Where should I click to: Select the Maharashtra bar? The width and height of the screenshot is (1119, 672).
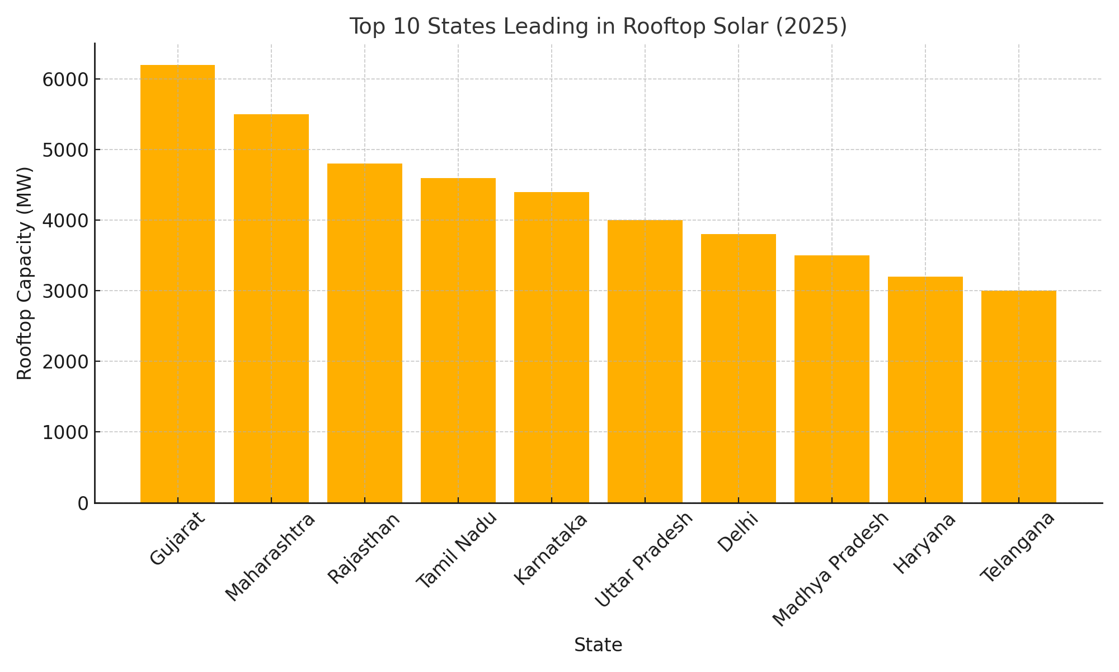[271, 309]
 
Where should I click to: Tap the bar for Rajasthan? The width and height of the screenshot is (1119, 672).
[365, 333]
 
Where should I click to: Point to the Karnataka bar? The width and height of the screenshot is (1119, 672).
[552, 347]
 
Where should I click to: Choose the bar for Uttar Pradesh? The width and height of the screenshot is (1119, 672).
[645, 361]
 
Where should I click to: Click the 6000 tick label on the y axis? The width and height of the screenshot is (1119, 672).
[65, 80]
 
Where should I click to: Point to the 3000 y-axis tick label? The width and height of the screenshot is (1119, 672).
[65, 291]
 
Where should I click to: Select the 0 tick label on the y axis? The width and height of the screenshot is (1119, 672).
[83, 503]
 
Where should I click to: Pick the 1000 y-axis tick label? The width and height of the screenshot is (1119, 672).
[65, 432]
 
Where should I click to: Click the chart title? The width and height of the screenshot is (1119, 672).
[598, 26]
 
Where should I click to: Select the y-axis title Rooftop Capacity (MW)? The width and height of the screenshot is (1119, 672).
[25, 273]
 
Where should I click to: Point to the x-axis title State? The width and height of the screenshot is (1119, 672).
[598, 645]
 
